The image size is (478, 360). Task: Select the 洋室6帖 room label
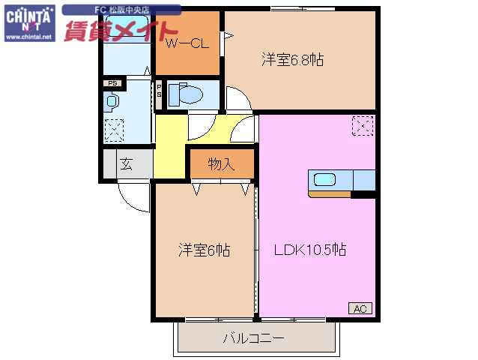coord(204,250)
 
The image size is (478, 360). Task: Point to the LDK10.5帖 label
coord(309,250)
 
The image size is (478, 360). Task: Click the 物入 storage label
coord(221,164)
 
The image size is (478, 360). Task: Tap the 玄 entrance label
coord(126,165)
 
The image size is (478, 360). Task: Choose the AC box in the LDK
coord(360,307)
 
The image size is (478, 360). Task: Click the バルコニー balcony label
coord(253,338)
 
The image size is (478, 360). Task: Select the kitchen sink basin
coord(325,180)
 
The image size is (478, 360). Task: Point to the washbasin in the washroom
coord(112,100)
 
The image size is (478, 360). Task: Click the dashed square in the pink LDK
coord(362,126)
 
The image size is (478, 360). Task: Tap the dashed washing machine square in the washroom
coord(114,130)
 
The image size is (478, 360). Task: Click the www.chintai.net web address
coord(28,35)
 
